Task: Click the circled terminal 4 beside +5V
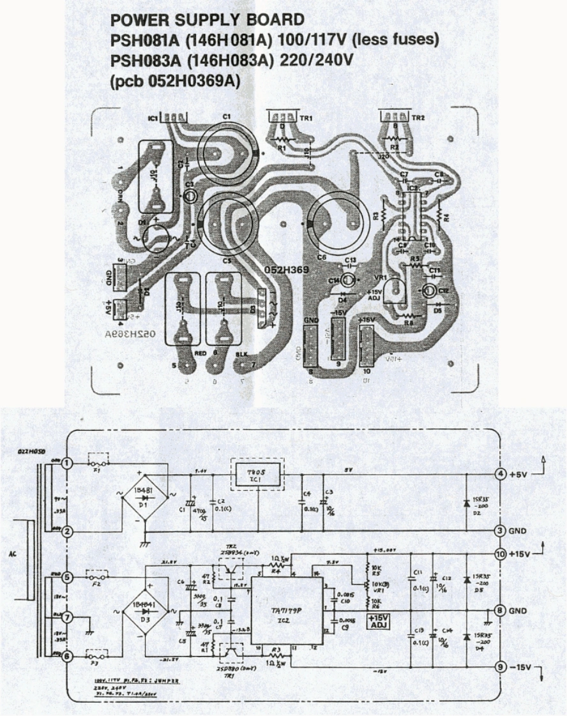click(x=501, y=474)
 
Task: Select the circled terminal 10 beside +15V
click(x=501, y=553)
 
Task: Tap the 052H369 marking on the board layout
click(x=286, y=271)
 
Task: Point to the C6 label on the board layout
click(x=321, y=257)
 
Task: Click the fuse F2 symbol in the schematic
click(x=98, y=577)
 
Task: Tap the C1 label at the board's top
click(x=226, y=116)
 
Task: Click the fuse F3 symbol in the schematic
click(x=98, y=655)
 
